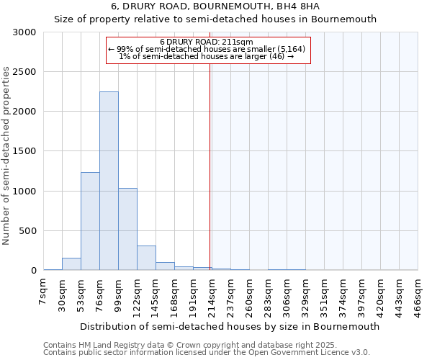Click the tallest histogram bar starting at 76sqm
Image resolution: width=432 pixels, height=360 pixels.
109,181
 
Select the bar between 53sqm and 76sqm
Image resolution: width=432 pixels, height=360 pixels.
90,221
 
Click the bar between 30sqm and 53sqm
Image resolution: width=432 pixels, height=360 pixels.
71,264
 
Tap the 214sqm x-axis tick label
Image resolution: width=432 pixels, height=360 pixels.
212,292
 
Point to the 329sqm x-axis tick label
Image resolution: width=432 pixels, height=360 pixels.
305,292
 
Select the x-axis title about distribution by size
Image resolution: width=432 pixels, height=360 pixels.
229,326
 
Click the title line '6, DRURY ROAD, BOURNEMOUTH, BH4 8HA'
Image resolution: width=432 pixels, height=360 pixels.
215,6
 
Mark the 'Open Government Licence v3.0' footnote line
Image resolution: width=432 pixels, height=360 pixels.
207,352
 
